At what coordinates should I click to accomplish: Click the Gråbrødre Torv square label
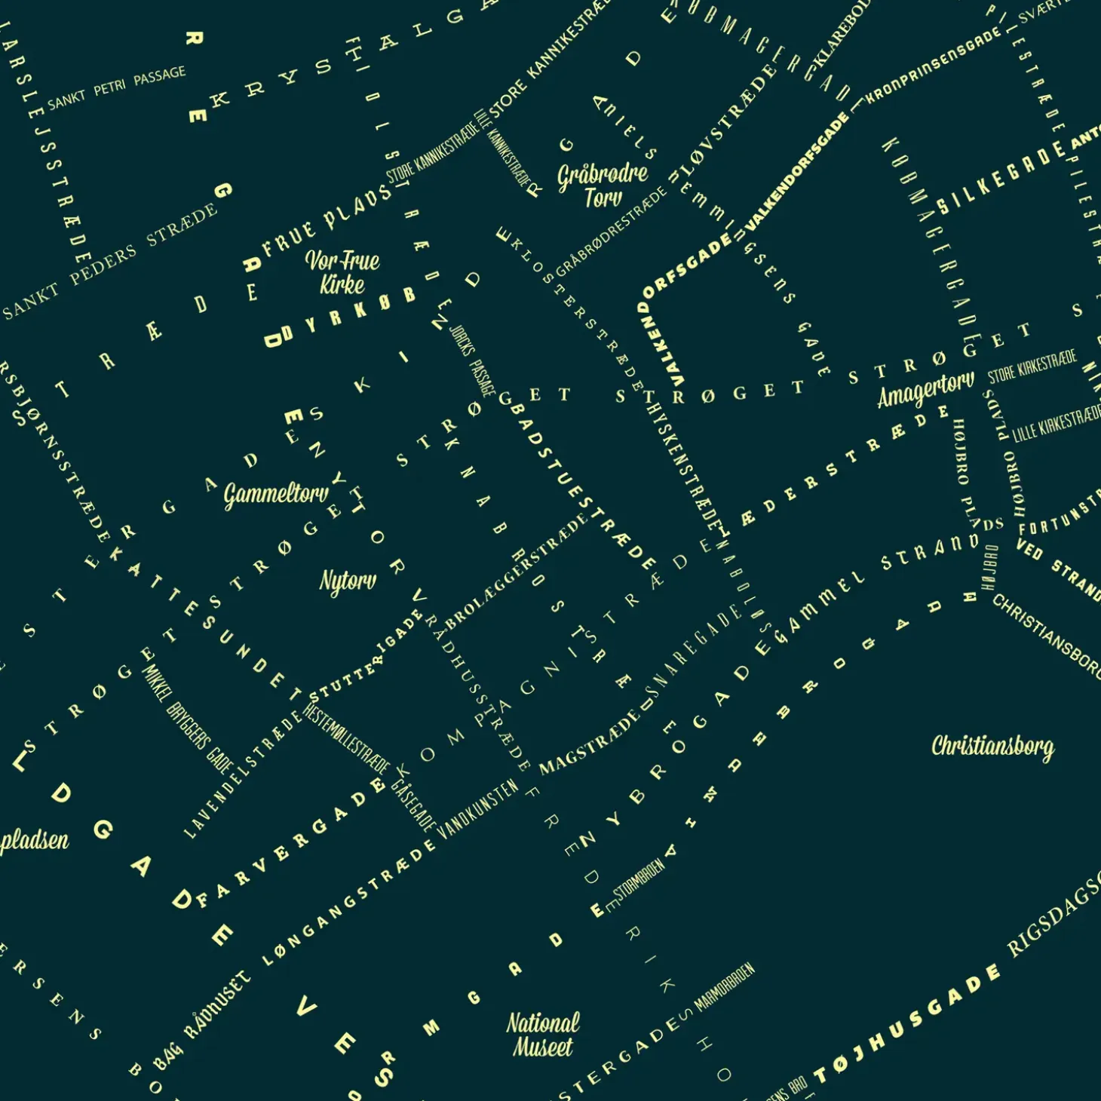pyautogui.click(x=603, y=186)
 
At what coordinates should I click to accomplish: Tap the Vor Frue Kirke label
pyautogui.click(x=342, y=272)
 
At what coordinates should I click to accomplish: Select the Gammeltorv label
pyautogui.click(x=276, y=495)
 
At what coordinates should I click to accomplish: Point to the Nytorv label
pyautogui.click(x=348, y=581)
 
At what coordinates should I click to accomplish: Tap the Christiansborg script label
pyautogui.click(x=992, y=747)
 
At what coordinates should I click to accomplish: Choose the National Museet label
pyautogui.click(x=543, y=1035)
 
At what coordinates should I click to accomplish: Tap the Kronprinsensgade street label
pyautogui.click(x=934, y=66)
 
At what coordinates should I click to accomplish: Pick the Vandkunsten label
pyautogui.click(x=478, y=808)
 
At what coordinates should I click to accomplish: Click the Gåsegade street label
pyautogui.click(x=413, y=805)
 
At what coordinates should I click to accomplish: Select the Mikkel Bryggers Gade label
pyautogui.click(x=188, y=719)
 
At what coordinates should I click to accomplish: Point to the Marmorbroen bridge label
pyautogui.click(x=724, y=987)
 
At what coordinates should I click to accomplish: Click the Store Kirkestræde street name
pyautogui.click(x=1032, y=366)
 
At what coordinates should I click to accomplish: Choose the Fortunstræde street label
pyautogui.click(x=1060, y=514)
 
